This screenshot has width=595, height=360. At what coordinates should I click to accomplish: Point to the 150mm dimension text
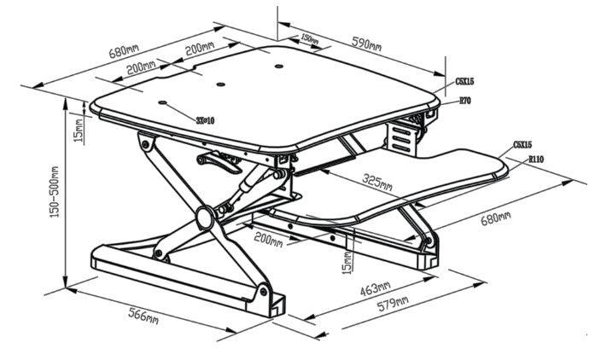tap(310, 39)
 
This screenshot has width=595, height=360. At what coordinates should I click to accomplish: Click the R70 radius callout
tap(466, 101)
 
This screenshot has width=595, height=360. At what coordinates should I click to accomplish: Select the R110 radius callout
tap(536, 159)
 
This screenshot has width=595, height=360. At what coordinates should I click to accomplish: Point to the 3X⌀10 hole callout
tap(205, 120)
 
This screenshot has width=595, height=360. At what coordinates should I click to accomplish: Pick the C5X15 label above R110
tap(523, 146)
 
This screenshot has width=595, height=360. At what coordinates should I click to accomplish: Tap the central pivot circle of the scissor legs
tap(206, 218)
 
